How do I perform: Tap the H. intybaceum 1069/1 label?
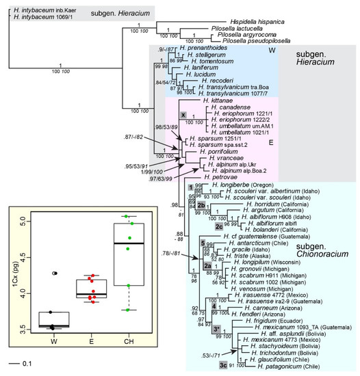pos(34,14)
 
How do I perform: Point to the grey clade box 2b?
pos(201,204)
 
